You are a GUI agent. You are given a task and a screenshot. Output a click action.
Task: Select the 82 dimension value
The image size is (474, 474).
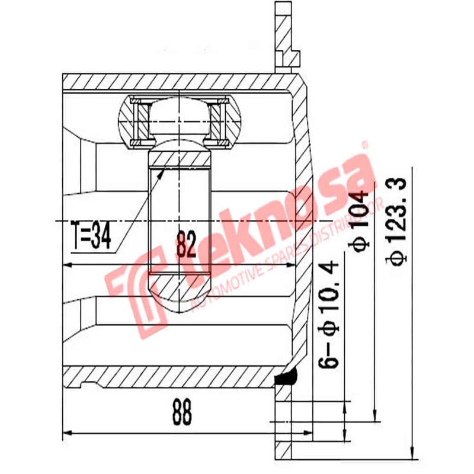[x=185, y=244]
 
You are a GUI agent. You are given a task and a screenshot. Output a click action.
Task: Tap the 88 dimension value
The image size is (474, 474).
[x=182, y=413]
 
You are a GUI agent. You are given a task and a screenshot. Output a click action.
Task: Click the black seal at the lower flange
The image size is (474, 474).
[x=289, y=377]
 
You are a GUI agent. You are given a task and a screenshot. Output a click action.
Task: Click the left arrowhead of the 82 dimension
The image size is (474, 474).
[x=67, y=263]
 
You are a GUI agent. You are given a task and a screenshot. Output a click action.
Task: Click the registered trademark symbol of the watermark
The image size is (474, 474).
[x=365, y=144]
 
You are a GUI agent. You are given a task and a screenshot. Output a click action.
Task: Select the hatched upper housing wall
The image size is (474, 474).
[x=178, y=81]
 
